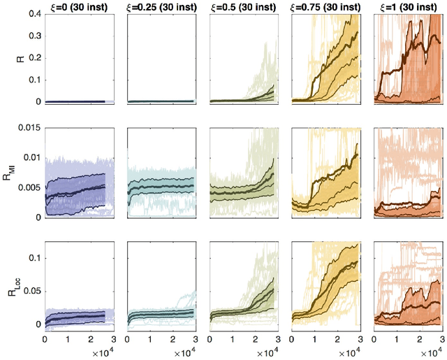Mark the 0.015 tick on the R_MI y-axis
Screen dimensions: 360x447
[x=28, y=127]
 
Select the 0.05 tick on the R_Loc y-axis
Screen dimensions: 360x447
[x=31, y=291]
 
